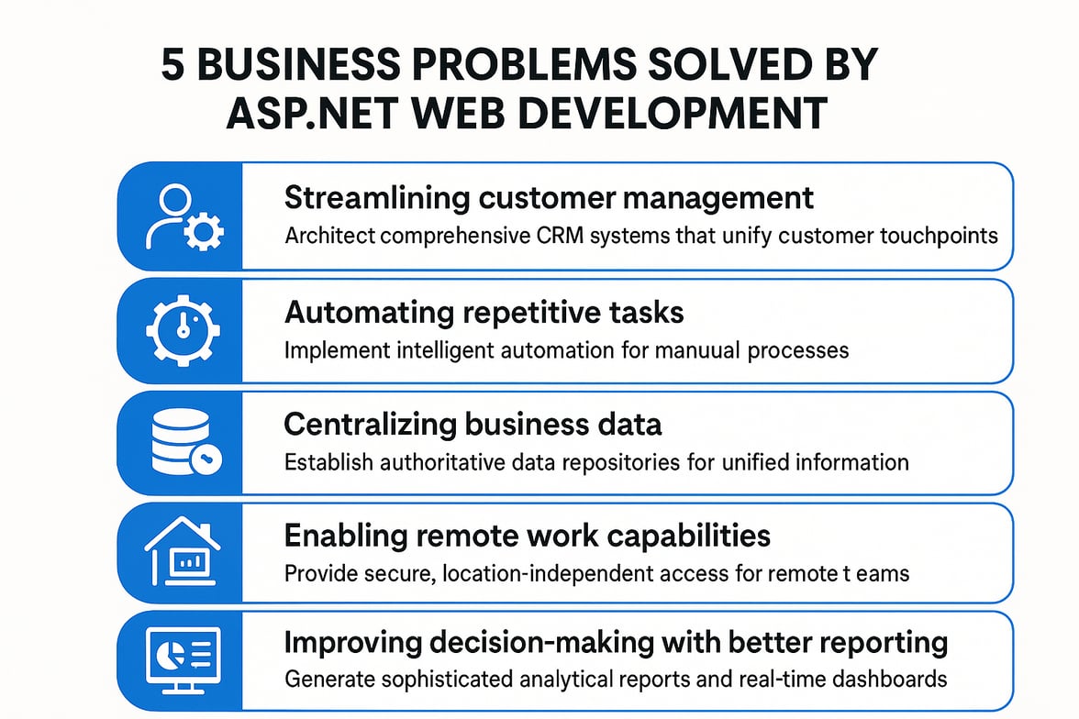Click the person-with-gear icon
point(183,216)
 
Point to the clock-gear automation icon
point(183,329)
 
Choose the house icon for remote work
point(183,553)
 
